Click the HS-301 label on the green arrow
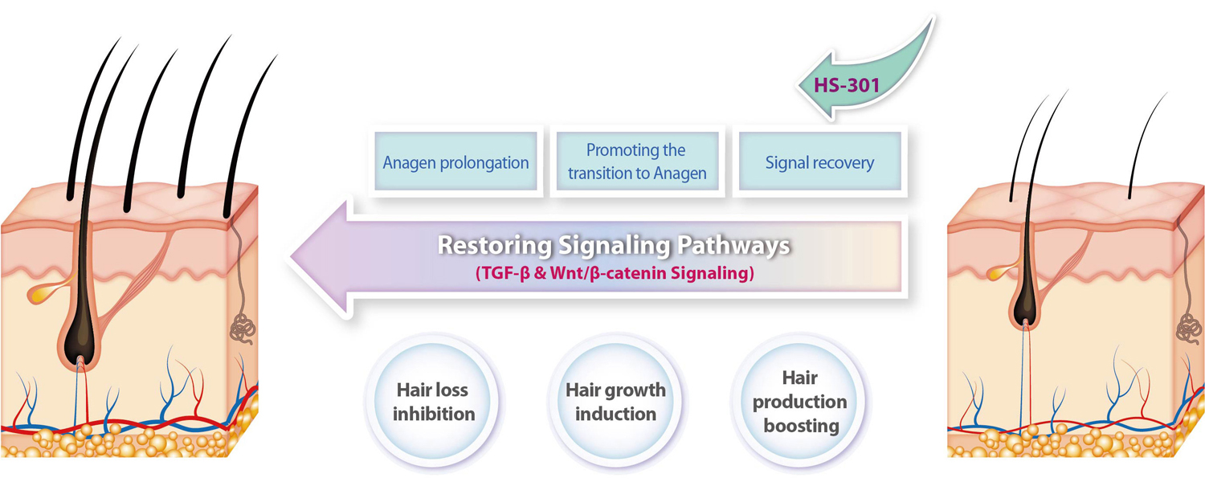click(x=846, y=85)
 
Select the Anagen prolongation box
click(x=455, y=162)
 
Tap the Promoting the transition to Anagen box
click(x=638, y=162)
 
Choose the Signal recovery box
click(x=820, y=162)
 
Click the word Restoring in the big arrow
click(x=495, y=245)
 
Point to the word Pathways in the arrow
click(x=733, y=245)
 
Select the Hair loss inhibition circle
click(x=434, y=402)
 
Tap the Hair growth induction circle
click(x=616, y=402)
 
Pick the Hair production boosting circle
click(x=800, y=402)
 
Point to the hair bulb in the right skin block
click(x=1024, y=307)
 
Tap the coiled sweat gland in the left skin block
click(x=243, y=328)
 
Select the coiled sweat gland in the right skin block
click(x=1190, y=329)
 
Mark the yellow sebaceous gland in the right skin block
click(x=997, y=272)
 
